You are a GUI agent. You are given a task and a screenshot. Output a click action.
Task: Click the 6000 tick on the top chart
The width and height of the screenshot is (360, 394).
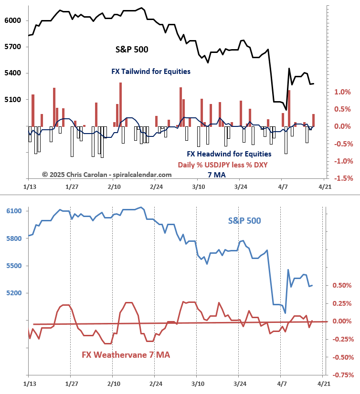(13, 21)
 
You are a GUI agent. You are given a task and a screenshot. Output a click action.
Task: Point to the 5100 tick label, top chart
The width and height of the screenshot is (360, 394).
(13, 100)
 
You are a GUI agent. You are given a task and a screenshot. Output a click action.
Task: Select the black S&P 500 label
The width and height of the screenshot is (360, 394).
(132, 49)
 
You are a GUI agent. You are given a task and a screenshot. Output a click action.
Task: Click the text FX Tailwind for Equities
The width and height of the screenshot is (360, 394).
(151, 72)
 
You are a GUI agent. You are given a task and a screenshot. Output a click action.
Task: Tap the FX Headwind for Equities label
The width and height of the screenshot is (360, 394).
(229, 154)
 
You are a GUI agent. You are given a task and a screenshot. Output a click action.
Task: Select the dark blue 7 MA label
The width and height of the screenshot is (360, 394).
(216, 175)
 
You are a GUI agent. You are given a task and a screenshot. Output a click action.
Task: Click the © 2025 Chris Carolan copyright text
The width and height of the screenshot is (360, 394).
(106, 175)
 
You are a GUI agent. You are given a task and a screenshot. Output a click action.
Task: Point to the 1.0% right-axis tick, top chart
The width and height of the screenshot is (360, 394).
(343, 92)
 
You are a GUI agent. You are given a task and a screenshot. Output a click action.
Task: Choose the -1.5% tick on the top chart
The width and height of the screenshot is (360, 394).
(343, 178)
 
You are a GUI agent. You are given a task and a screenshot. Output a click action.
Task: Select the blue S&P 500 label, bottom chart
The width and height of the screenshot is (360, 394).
(244, 221)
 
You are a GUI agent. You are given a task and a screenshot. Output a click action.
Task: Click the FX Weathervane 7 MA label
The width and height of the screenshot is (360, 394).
(126, 355)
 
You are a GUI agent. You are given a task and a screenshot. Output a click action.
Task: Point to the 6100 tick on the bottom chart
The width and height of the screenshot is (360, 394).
(13, 211)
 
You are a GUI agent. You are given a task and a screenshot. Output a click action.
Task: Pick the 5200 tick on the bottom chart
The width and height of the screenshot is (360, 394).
(13, 293)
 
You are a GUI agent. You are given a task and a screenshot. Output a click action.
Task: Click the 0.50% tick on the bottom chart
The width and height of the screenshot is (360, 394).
(343, 285)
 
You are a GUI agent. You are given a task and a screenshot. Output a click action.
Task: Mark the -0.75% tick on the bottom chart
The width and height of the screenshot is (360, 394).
(343, 375)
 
